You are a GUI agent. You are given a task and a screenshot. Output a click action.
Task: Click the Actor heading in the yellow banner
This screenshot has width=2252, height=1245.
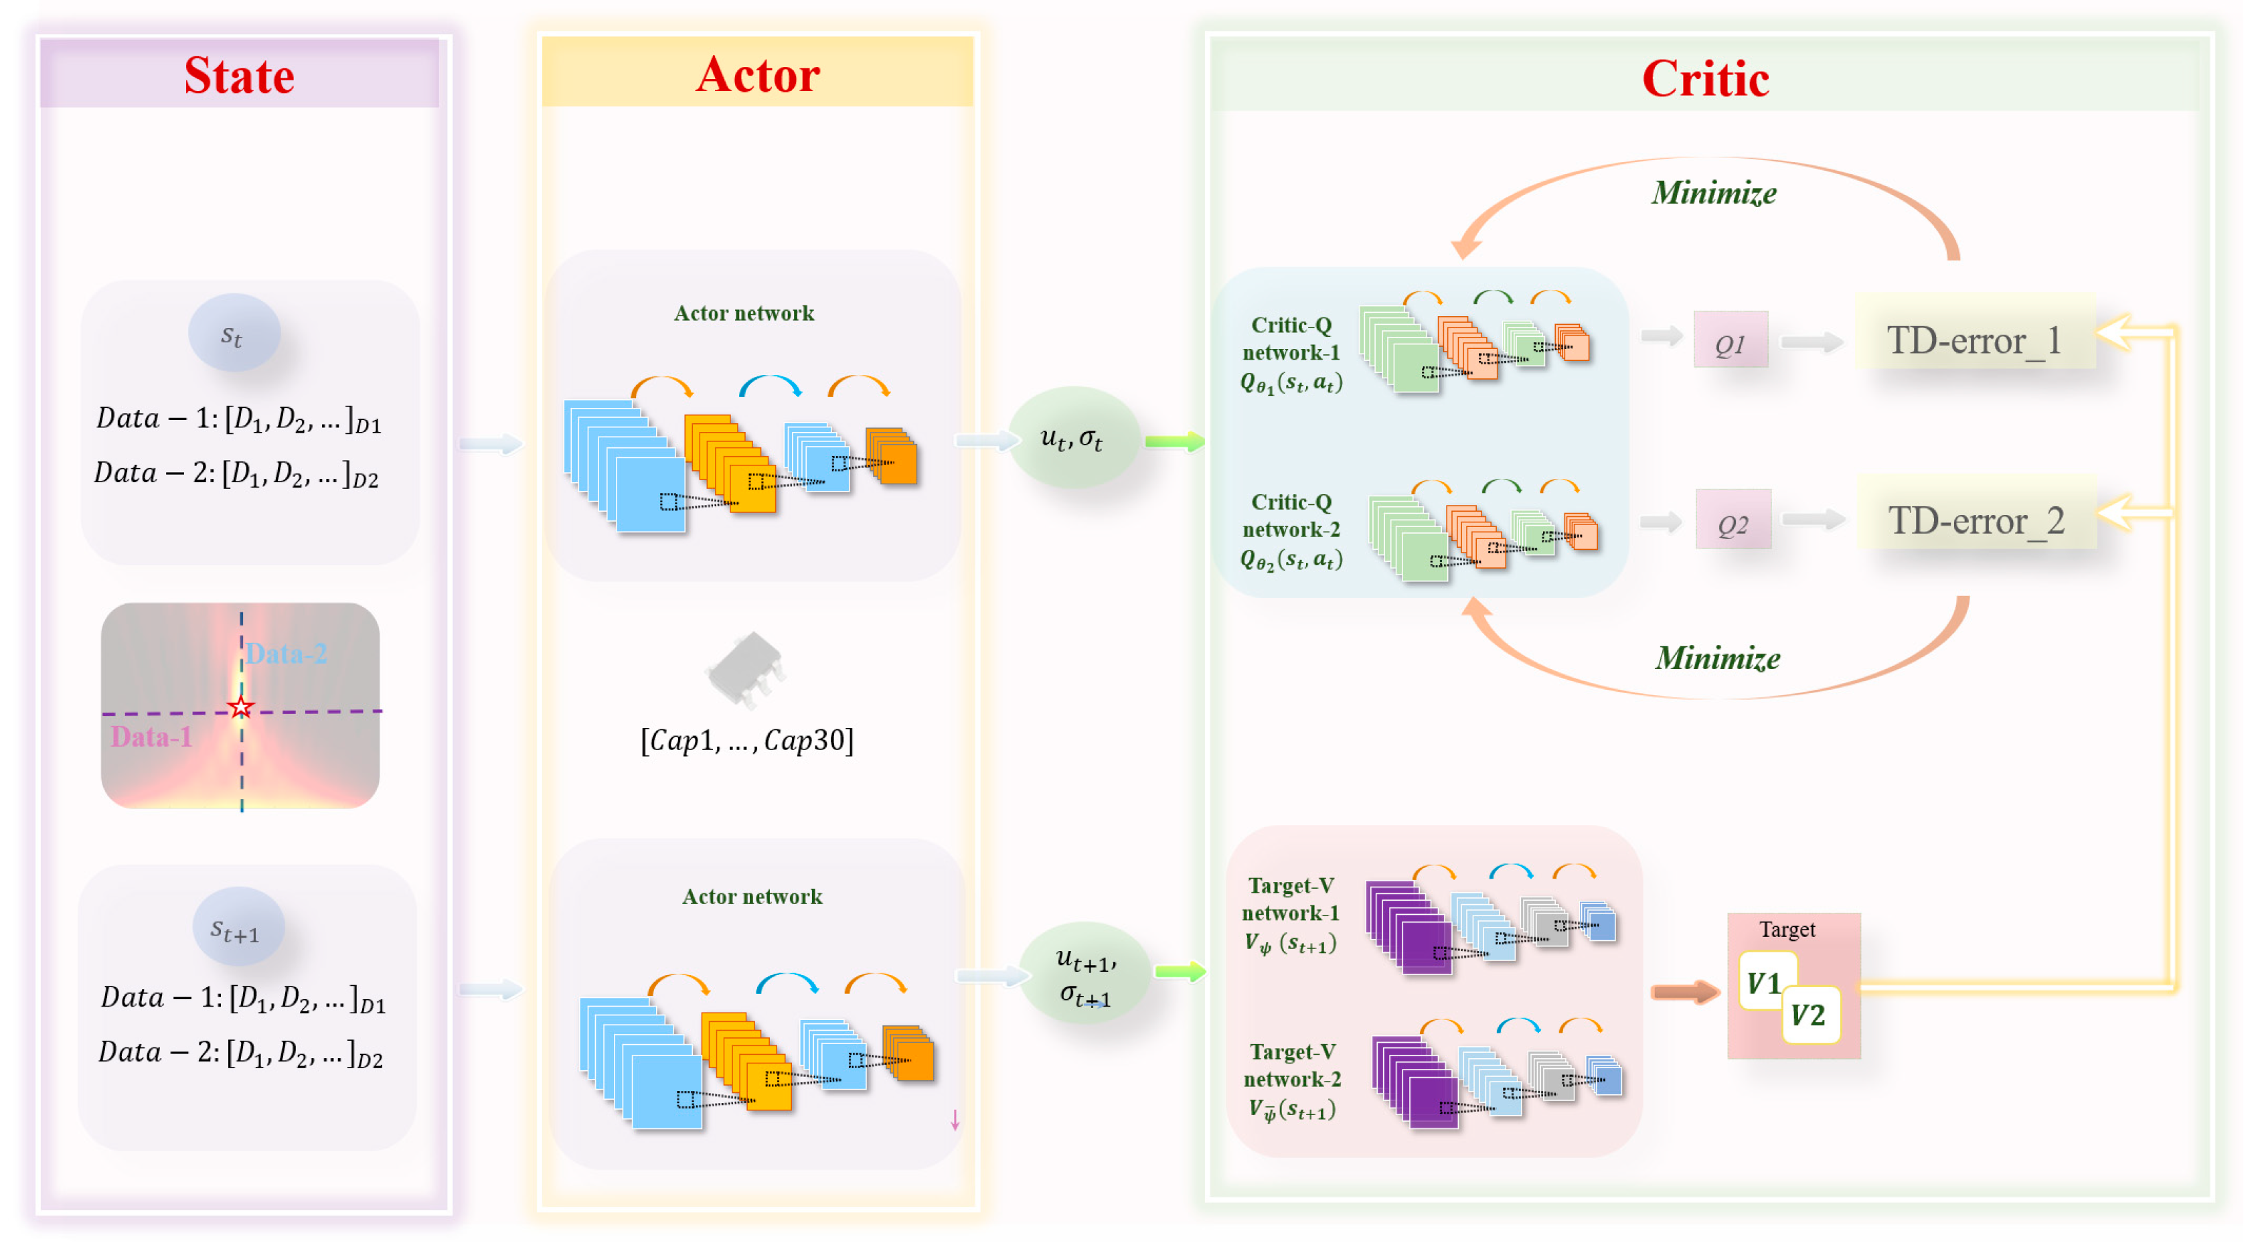click(757, 74)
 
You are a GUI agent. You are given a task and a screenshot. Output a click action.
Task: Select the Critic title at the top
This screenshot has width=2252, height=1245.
click(1705, 78)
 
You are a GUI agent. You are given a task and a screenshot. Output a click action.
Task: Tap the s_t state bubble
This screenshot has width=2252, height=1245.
click(234, 333)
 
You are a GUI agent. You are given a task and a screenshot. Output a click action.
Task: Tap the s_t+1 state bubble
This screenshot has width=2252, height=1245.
click(237, 928)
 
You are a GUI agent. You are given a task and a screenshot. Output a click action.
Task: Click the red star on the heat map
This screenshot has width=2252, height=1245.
click(241, 707)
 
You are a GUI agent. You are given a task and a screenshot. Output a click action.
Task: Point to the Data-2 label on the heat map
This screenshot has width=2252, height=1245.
click(286, 653)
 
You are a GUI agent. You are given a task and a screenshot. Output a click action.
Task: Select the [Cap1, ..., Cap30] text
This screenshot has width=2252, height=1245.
click(746, 741)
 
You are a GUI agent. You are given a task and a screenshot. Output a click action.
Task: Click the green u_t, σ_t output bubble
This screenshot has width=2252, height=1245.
click(1072, 437)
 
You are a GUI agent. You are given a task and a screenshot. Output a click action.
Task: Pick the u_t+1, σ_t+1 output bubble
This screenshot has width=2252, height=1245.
click(1085, 974)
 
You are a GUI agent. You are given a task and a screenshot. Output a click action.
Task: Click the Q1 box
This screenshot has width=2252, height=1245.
click(1730, 341)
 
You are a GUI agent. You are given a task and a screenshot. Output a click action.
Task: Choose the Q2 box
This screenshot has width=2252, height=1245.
click(1733, 521)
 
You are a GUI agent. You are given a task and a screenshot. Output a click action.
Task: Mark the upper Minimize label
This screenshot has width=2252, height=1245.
click(1714, 192)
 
